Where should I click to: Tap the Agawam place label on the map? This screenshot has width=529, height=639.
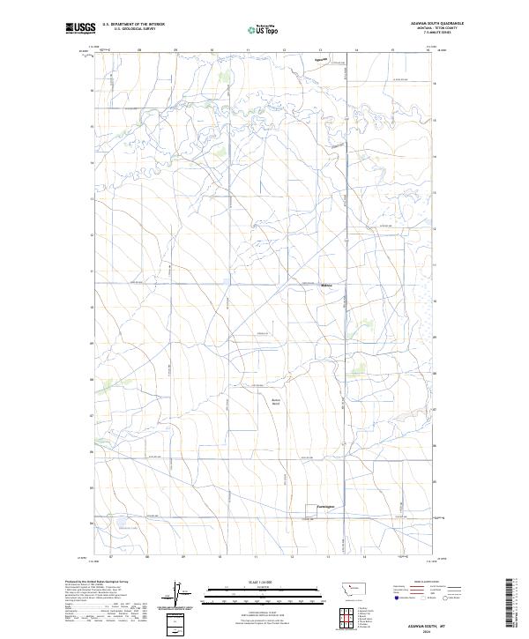(320, 61)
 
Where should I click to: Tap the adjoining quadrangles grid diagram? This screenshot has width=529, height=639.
(347, 618)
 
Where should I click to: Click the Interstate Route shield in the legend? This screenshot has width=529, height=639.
(397, 597)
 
